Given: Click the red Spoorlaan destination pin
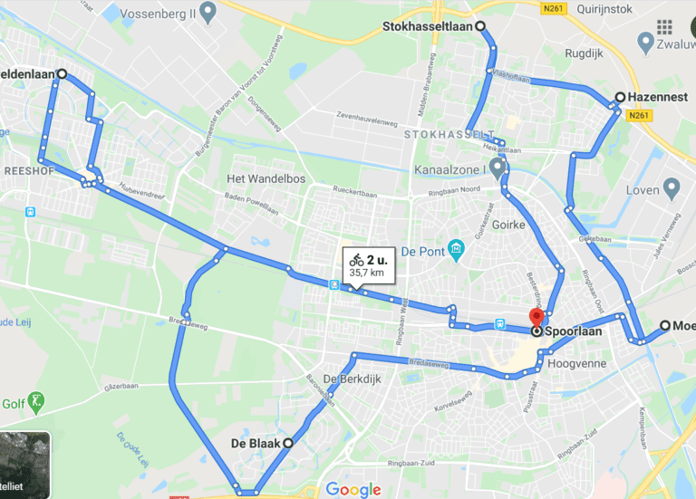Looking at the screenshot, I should (x=536, y=319).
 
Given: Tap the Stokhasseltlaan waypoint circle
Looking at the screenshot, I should (x=479, y=26).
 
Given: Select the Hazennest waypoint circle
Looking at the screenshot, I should (x=620, y=97).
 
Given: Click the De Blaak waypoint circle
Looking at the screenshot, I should (x=288, y=443).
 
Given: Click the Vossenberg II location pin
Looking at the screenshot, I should (x=208, y=14).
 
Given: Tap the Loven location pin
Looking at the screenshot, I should (x=672, y=188).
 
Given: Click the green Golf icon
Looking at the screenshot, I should (x=35, y=399).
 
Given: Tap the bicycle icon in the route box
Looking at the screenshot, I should (x=356, y=260).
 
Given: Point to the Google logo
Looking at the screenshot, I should (x=353, y=490).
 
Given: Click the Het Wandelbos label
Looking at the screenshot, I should (x=266, y=178).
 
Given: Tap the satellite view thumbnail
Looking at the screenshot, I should (x=24, y=465).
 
